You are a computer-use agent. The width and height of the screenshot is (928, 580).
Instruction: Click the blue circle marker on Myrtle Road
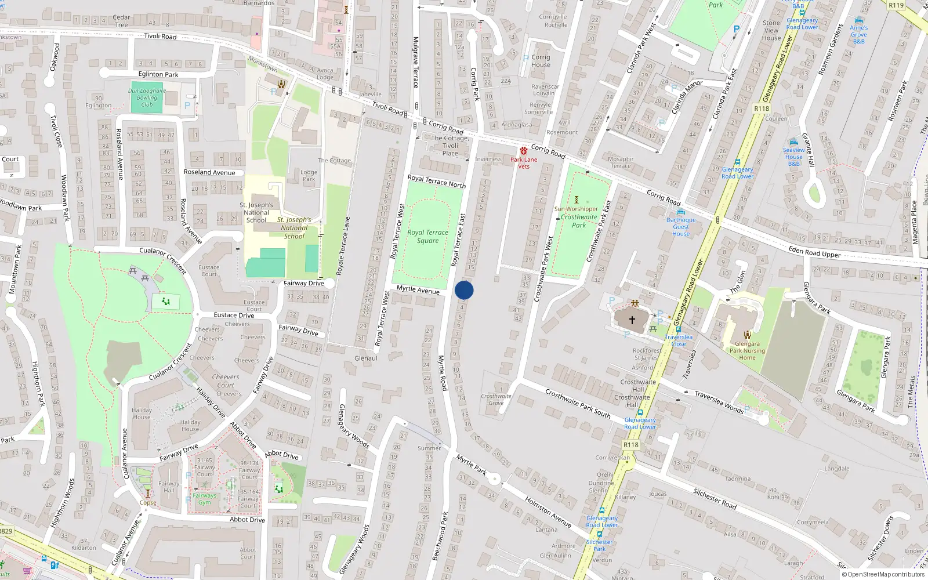[x=464, y=290]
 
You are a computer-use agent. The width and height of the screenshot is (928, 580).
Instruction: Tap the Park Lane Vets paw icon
[x=524, y=151]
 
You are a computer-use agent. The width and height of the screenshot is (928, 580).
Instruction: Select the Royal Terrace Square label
[x=427, y=237]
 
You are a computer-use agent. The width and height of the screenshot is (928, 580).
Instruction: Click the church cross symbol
[x=632, y=319]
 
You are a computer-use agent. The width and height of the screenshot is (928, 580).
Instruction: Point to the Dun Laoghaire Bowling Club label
[x=147, y=97]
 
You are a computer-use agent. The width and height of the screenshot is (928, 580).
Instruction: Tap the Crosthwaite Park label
[x=578, y=221]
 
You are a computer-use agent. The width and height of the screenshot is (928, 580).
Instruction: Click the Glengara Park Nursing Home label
[x=747, y=350]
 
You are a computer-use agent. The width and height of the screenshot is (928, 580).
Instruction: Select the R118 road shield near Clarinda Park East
[x=762, y=108]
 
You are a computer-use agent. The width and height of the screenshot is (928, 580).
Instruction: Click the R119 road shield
[x=896, y=5]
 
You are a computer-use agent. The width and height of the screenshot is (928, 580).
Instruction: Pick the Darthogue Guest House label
[x=681, y=227]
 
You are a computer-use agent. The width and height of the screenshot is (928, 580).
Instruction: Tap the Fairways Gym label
[x=204, y=499]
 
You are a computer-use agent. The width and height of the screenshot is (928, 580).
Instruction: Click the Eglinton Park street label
[x=158, y=74]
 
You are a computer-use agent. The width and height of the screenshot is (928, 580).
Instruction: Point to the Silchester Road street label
[x=715, y=499]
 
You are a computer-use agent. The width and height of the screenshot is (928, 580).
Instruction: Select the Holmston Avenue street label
[x=548, y=512]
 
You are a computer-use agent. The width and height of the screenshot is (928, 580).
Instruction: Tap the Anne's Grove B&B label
[x=859, y=34]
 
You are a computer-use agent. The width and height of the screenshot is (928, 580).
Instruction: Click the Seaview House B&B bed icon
[x=793, y=142]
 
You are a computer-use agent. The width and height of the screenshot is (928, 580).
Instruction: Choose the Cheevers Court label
[x=226, y=380]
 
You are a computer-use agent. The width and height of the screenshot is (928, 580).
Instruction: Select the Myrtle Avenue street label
[x=418, y=289]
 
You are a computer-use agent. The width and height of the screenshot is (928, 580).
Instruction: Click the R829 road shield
[x=6, y=531]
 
